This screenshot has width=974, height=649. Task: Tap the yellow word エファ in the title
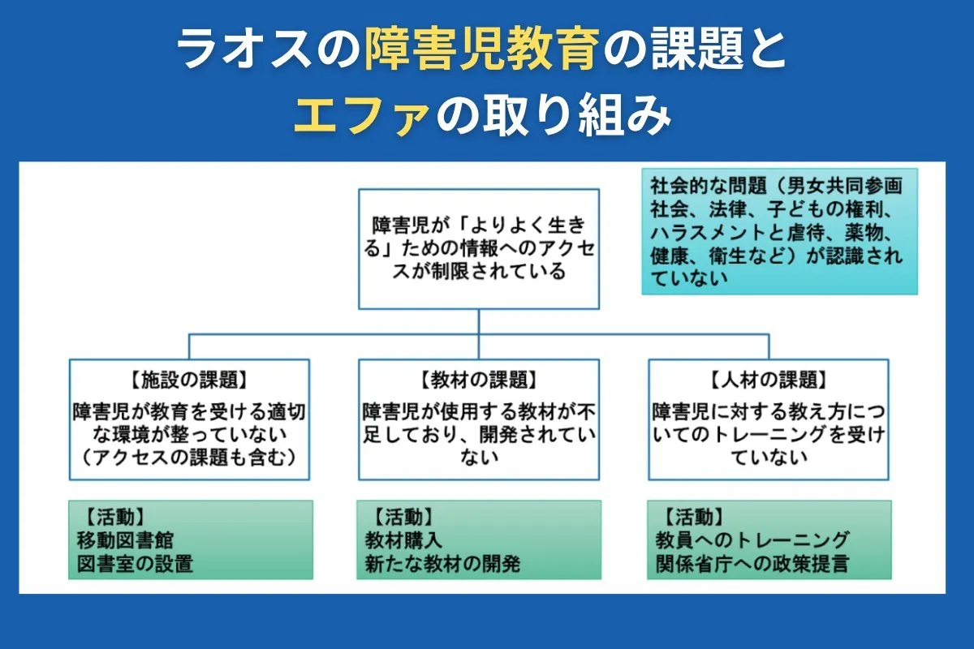pos(360,115)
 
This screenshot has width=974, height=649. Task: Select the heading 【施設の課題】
pos(188,380)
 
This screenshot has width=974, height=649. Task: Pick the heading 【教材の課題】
pos(479,380)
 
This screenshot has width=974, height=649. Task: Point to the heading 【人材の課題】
pos(768,380)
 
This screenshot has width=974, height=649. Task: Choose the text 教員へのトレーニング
pos(752,539)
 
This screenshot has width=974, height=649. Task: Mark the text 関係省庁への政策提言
pos(752,563)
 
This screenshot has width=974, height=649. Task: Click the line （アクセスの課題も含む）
pos(188,457)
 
